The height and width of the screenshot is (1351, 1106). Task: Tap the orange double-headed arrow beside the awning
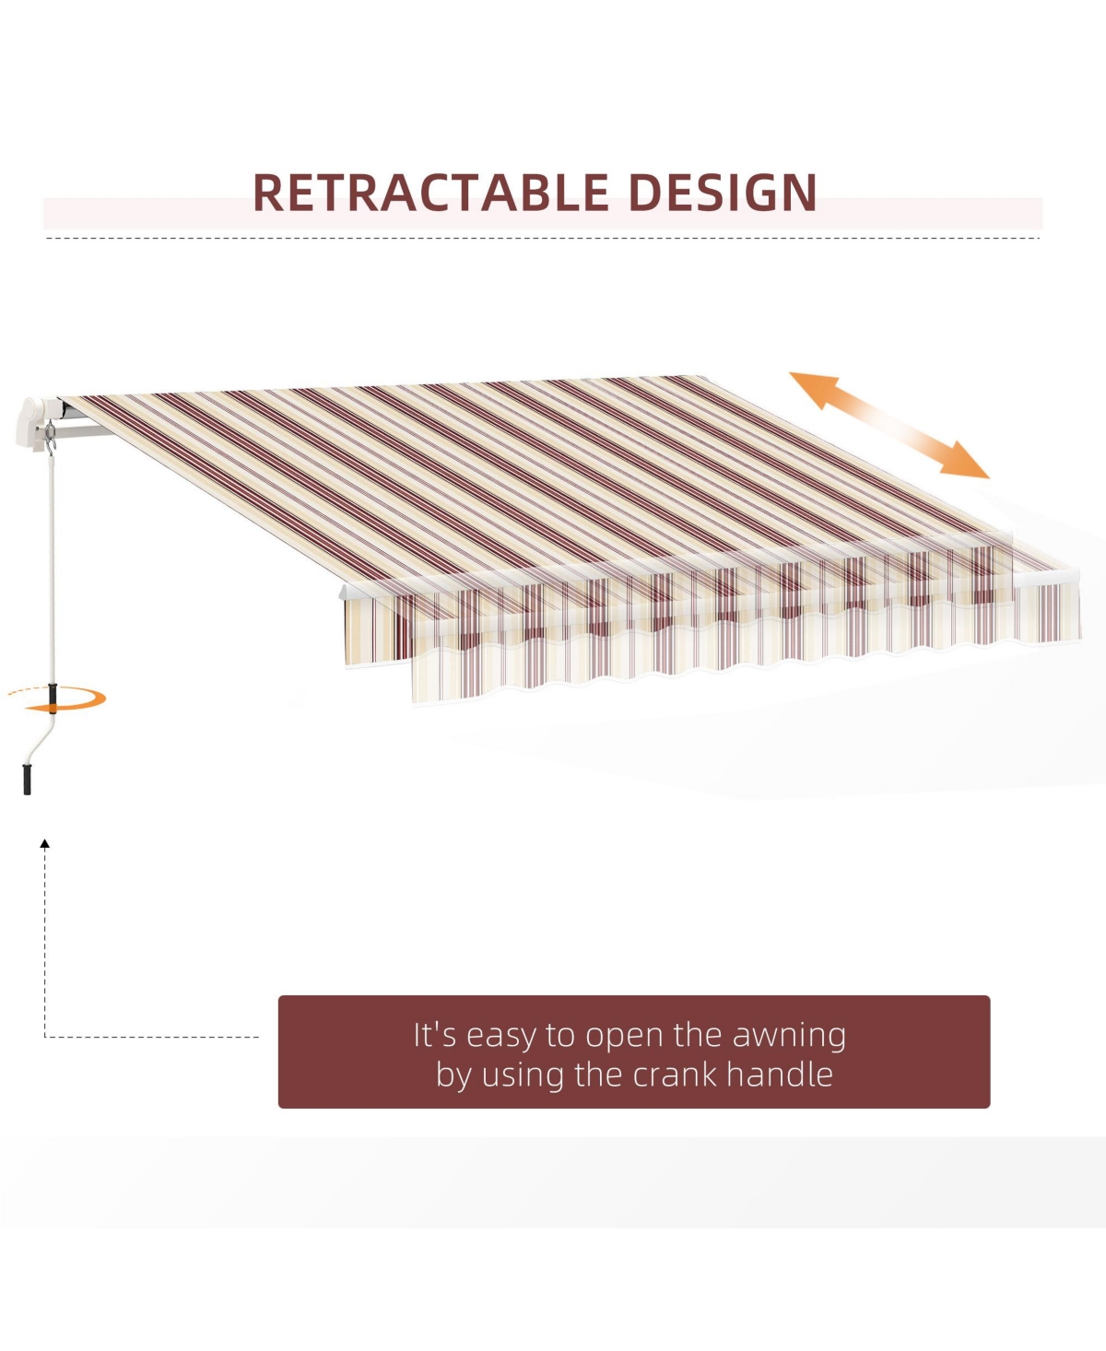pos(888,425)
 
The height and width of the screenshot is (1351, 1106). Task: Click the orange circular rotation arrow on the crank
pos(58,699)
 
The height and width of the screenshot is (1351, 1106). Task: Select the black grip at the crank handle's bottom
pos(27,779)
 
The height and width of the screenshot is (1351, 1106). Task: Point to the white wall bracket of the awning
pos(31,424)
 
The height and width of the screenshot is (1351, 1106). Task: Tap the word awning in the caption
pos(789,1037)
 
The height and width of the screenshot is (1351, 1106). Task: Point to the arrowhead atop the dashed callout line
pos(45,843)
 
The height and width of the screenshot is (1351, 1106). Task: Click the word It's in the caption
pos(434,1035)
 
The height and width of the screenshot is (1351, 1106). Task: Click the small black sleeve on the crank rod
pos(53,699)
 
